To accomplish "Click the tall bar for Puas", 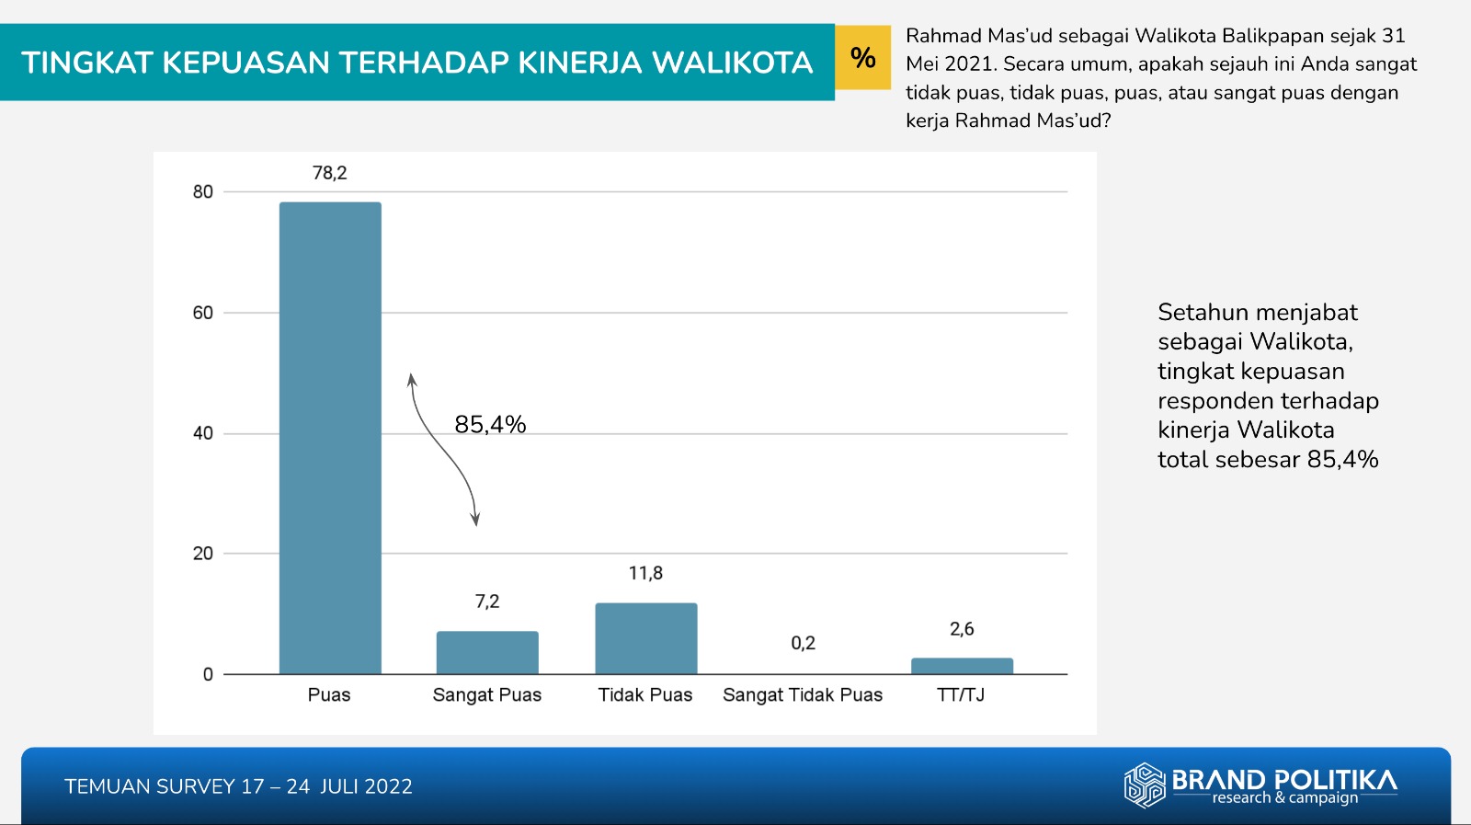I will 330,438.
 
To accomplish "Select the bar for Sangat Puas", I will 487,652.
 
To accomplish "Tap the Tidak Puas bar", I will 645,638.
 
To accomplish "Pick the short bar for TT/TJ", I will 962,666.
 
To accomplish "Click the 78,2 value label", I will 330,173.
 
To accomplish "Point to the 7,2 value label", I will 487,602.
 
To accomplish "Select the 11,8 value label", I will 645,573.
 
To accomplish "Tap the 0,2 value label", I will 803,643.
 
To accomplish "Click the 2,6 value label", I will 962,629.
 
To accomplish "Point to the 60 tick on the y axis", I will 202,313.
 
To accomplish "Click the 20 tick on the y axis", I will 202,554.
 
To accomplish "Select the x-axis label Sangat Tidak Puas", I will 803,695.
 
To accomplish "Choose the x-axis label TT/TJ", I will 961,695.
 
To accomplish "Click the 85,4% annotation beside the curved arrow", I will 490,425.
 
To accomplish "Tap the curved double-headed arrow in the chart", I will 442,451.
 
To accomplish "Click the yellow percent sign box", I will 862,58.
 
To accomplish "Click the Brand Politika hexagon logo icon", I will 1145,785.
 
